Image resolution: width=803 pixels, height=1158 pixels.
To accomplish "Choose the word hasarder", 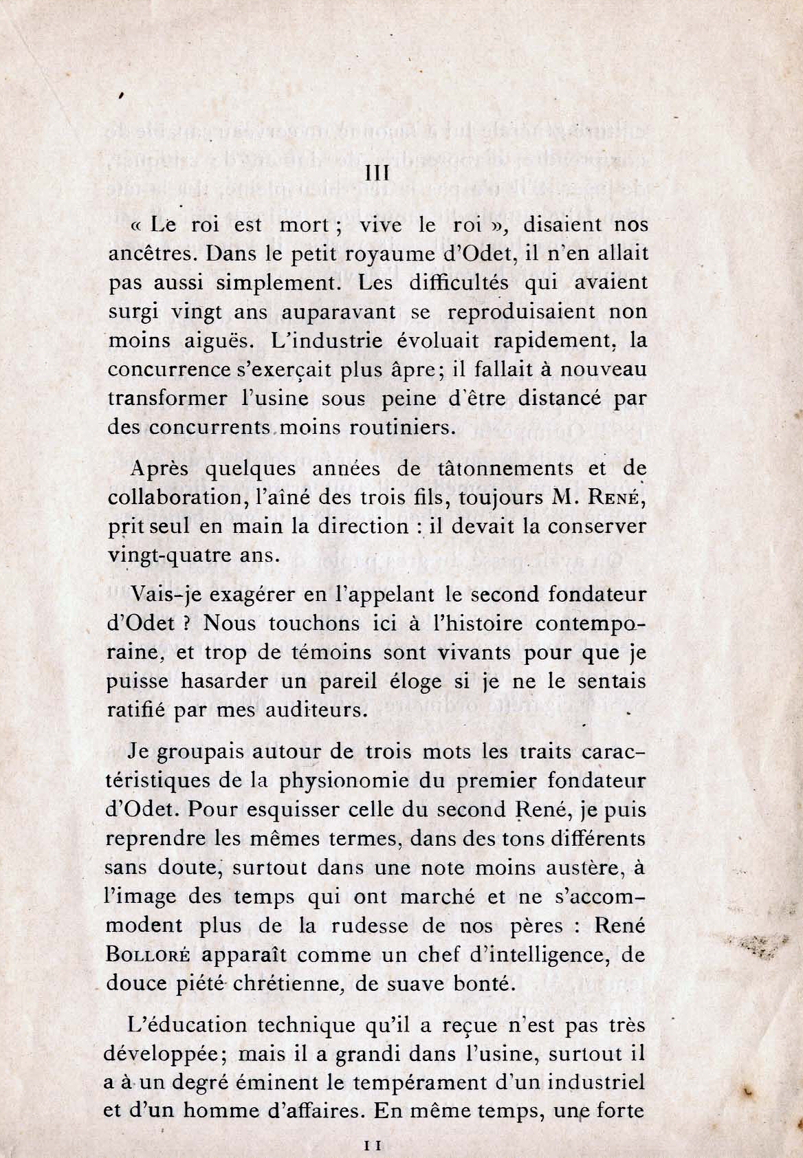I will (x=232, y=681).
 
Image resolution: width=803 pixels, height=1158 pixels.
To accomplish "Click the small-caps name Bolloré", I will (x=145, y=955).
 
